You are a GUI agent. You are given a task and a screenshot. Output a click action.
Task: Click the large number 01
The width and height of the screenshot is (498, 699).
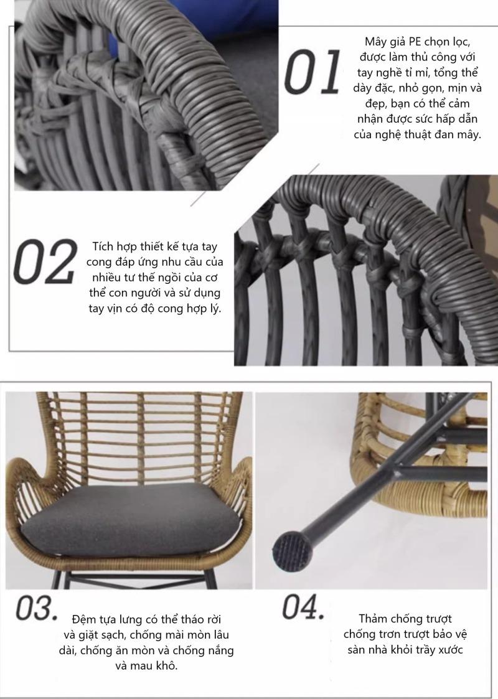tap(312, 73)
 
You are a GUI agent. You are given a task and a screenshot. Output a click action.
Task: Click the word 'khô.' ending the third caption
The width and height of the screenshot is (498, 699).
tap(164, 666)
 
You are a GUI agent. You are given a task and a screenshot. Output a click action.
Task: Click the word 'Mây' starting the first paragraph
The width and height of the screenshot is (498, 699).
tap(376, 42)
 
